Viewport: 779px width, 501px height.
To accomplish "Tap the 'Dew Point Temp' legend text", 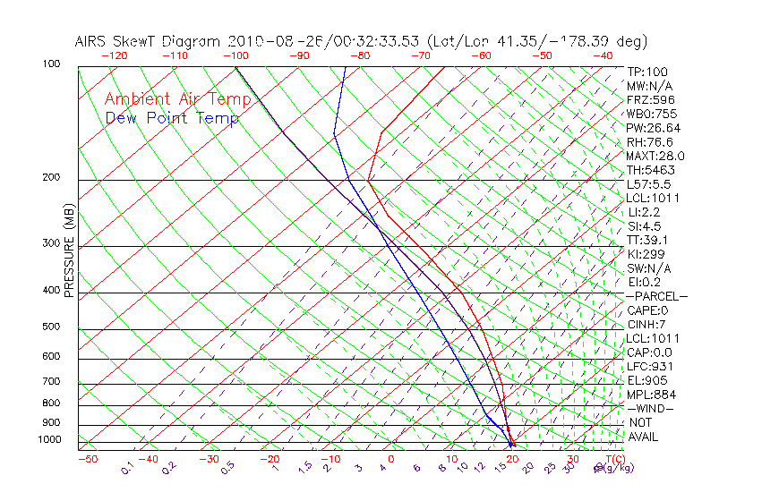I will [x=172, y=118].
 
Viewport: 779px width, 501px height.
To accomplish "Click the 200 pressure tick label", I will [x=51, y=178].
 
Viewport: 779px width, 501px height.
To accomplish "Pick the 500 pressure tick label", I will [x=51, y=327].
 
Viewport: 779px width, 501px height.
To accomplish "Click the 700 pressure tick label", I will [x=51, y=382].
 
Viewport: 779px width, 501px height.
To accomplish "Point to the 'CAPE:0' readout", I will [x=647, y=310].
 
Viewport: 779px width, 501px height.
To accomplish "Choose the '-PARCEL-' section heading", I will [x=655, y=296].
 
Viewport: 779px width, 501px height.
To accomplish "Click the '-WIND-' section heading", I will [x=650, y=408].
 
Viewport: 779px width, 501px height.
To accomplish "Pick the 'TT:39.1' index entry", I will [x=647, y=240].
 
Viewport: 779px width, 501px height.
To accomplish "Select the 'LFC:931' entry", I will [x=650, y=366].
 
